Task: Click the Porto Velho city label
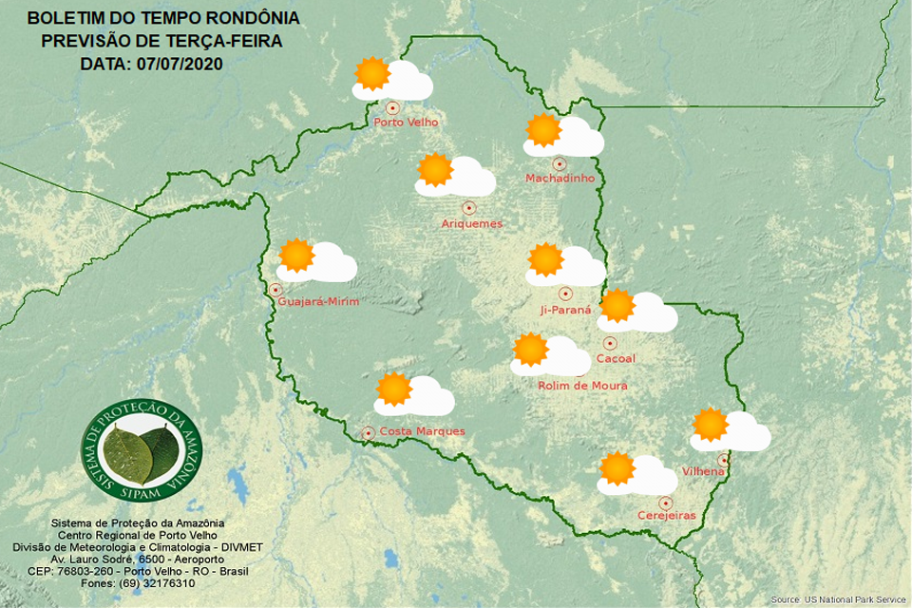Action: [x=406, y=123]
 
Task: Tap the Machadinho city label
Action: [x=560, y=179]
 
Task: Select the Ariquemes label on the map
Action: [x=471, y=224]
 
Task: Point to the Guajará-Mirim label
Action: [x=318, y=302]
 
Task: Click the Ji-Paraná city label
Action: [x=565, y=310]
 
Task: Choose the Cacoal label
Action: [x=615, y=359]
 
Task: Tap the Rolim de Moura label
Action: [x=582, y=386]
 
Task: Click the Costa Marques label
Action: [x=422, y=431]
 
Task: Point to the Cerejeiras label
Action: [x=667, y=516]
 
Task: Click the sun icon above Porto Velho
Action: [x=371, y=73]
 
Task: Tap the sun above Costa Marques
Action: [x=393, y=389]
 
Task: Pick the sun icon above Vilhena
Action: [x=710, y=425]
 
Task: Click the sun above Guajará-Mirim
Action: [x=296, y=256]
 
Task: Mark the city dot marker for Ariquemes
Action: [x=467, y=207]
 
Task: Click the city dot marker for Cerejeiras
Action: [x=666, y=503]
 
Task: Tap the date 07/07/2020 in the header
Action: [x=180, y=64]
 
